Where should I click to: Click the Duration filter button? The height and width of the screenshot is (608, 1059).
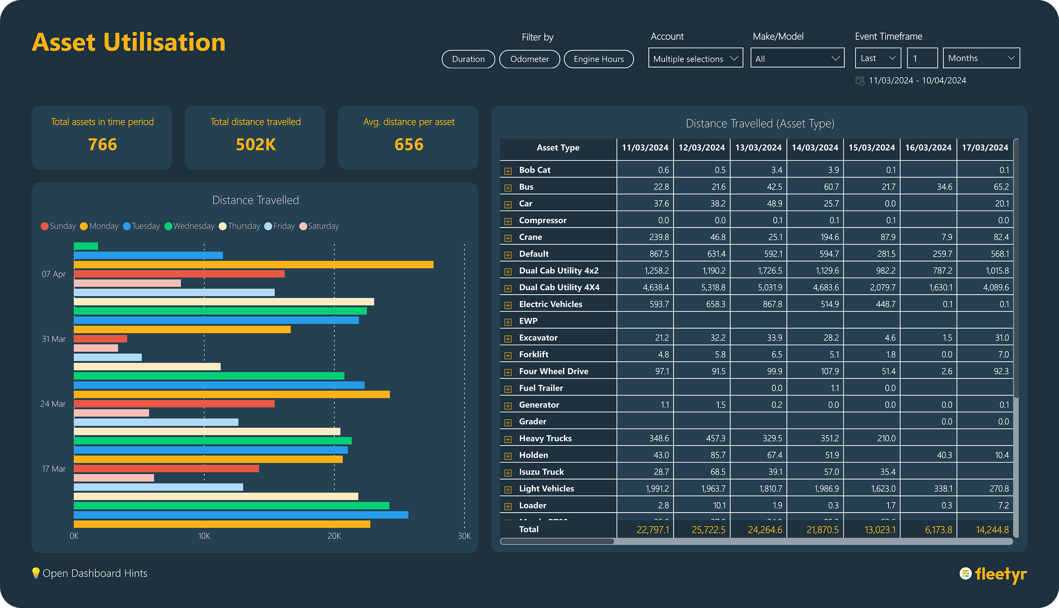(x=468, y=59)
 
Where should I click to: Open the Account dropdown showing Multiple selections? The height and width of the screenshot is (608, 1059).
(x=695, y=58)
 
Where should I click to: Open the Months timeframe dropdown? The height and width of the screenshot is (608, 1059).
(x=981, y=58)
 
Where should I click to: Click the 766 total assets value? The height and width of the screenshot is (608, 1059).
(x=102, y=144)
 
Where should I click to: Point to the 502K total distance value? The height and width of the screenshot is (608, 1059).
(x=255, y=144)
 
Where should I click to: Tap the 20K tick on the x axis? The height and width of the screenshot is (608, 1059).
(x=334, y=536)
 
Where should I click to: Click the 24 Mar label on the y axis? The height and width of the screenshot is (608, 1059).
(x=53, y=404)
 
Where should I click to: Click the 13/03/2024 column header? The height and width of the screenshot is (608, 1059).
(x=758, y=148)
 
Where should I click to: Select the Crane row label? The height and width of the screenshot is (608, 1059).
(x=530, y=237)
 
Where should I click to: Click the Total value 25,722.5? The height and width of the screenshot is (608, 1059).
(x=708, y=530)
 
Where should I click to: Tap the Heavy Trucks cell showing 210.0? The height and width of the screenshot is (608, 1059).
(x=886, y=438)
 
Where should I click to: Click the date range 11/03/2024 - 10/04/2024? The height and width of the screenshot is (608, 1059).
(x=917, y=81)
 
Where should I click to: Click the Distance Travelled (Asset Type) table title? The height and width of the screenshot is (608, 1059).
(x=760, y=124)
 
